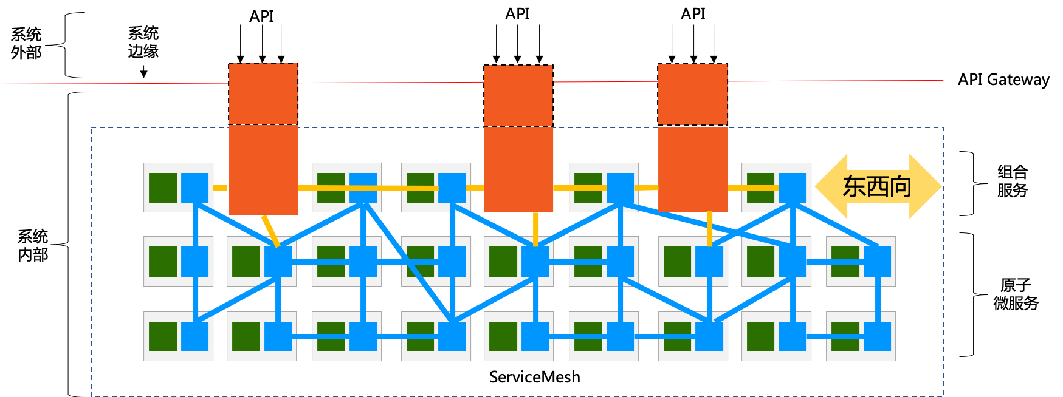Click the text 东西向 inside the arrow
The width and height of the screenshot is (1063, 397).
[877, 186]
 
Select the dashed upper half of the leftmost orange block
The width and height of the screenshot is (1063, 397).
[263, 93]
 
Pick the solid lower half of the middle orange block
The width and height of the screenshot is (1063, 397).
[518, 169]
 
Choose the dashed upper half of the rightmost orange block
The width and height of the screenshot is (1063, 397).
[693, 94]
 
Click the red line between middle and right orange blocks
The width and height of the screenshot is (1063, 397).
[605, 81]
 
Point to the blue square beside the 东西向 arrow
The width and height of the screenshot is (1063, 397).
[793, 188]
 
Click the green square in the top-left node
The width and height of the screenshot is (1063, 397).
[163, 188]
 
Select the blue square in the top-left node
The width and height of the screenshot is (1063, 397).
[195, 188]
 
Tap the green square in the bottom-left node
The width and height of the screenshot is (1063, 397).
[163, 336]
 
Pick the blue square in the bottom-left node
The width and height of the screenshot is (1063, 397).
[195, 336]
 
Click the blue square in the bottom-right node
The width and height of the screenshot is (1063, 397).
[878, 336]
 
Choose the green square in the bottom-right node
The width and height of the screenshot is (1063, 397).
[845, 336]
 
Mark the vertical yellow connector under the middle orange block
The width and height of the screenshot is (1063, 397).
[535, 229]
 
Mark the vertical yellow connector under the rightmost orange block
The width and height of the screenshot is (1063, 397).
[710, 229]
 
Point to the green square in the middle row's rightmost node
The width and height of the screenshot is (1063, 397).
[845, 261]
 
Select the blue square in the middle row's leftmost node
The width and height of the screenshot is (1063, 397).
[195, 261]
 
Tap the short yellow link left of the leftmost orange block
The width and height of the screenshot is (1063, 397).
[220, 188]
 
